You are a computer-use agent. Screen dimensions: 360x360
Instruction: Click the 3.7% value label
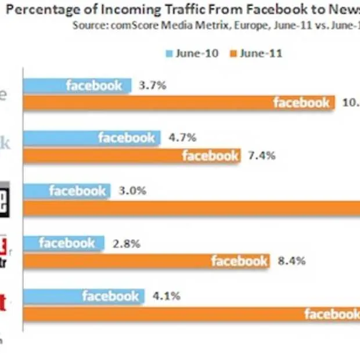pos(153,85)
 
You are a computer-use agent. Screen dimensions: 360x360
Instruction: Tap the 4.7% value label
pos(182,138)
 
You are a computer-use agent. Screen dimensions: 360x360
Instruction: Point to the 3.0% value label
pos(134,191)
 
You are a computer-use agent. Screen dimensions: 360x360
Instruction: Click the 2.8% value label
pos(127,243)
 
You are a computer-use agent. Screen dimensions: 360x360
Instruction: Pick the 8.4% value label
pos(291,261)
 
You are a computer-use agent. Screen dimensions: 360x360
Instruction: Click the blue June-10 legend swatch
pos(170,54)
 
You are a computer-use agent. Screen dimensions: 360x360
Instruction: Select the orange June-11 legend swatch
pos(234,54)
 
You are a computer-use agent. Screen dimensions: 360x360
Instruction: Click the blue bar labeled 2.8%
pos(64,243)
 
